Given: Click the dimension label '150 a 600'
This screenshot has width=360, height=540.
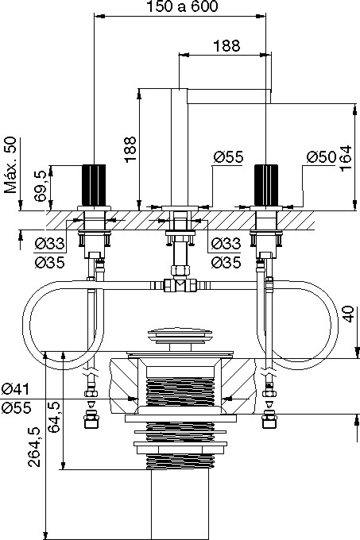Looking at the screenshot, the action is (x=182, y=6).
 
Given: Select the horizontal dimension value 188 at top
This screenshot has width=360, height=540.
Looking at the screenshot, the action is (x=226, y=45).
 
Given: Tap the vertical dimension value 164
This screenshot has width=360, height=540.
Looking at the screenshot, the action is (x=346, y=157).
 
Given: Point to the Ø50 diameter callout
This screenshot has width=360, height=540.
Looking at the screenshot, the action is (x=321, y=157).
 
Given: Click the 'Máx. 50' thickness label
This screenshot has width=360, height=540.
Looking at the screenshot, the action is (x=10, y=165).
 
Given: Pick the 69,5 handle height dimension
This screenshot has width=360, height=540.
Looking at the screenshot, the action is (x=41, y=188).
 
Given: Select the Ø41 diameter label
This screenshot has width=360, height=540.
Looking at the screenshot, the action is (x=15, y=389).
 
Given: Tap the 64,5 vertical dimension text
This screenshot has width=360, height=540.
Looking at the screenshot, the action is (x=54, y=417).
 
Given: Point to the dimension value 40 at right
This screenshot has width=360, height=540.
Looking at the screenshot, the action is (x=349, y=314).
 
